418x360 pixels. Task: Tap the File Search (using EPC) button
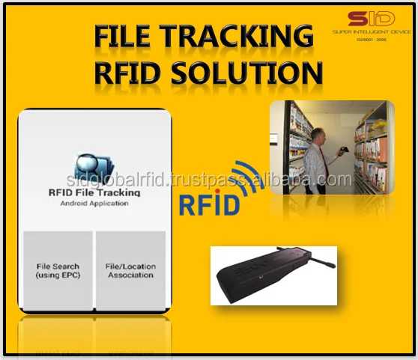pyautogui.click(x=58, y=270)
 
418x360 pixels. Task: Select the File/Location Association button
pyautogui.click(x=130, y=270)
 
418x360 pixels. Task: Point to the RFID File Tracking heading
pyautogui.click(x=94, y=192)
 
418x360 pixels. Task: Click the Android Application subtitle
pyautogui.click(x=94, y=203)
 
